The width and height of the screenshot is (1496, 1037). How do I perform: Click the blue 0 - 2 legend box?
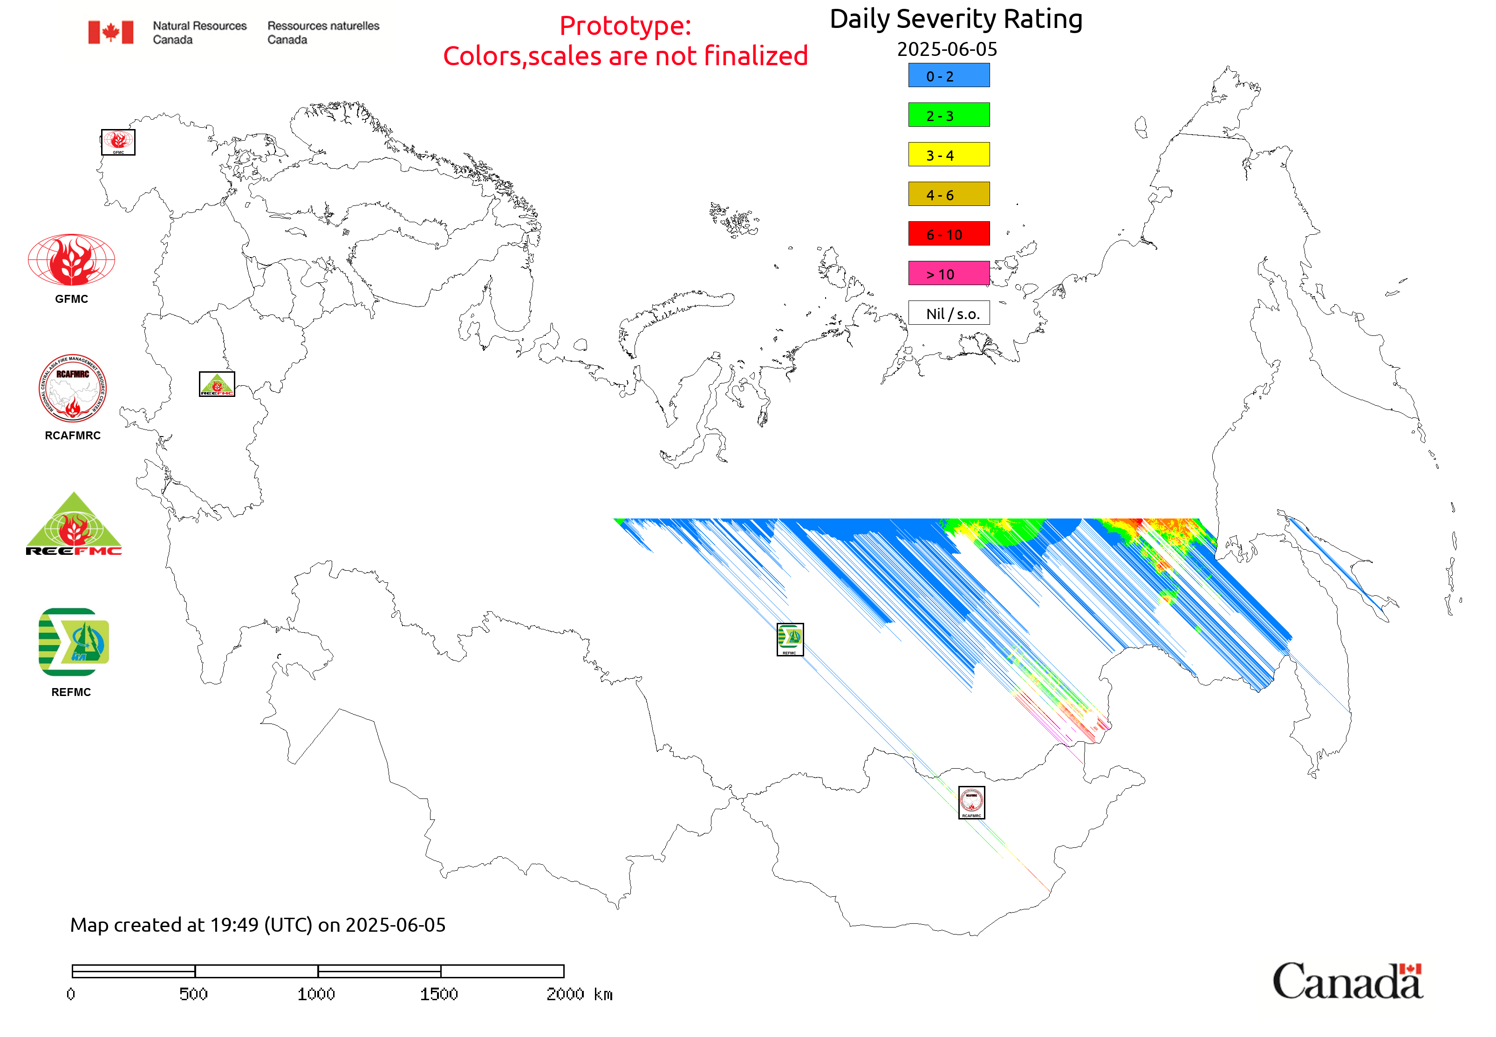(x=948, y=75)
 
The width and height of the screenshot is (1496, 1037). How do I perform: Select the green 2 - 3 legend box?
(x=948, y=115)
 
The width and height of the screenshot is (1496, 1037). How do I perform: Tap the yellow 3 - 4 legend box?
(x=948, y=155)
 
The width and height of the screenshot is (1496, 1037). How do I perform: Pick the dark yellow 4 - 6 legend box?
(x=948, y=194)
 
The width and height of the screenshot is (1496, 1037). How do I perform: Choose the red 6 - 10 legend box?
(x=948, y=234)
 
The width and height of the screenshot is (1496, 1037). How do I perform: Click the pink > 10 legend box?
(x=948, y=273)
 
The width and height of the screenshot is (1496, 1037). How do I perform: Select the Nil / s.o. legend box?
(x=948, y=313)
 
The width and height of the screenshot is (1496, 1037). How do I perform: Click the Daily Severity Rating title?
(x=955, y=20)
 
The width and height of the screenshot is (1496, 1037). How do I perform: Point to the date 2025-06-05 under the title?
(x=946, y=49)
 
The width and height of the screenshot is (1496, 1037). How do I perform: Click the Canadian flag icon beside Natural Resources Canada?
(x=110, y=32)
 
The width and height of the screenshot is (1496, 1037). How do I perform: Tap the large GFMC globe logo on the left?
(x=71, y=260)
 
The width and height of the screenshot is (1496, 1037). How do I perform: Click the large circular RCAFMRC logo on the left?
(x=72, y=389)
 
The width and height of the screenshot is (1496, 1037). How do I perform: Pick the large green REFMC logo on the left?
(x=74, y=642)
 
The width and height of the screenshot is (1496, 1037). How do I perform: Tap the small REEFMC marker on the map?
(x=216, y=384)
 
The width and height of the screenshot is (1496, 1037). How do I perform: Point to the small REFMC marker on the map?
(x=790, y=639)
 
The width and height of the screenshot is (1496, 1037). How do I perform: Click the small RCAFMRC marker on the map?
(x=971, y=802)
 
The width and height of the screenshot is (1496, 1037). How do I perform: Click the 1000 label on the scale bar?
(x=316, y=994)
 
